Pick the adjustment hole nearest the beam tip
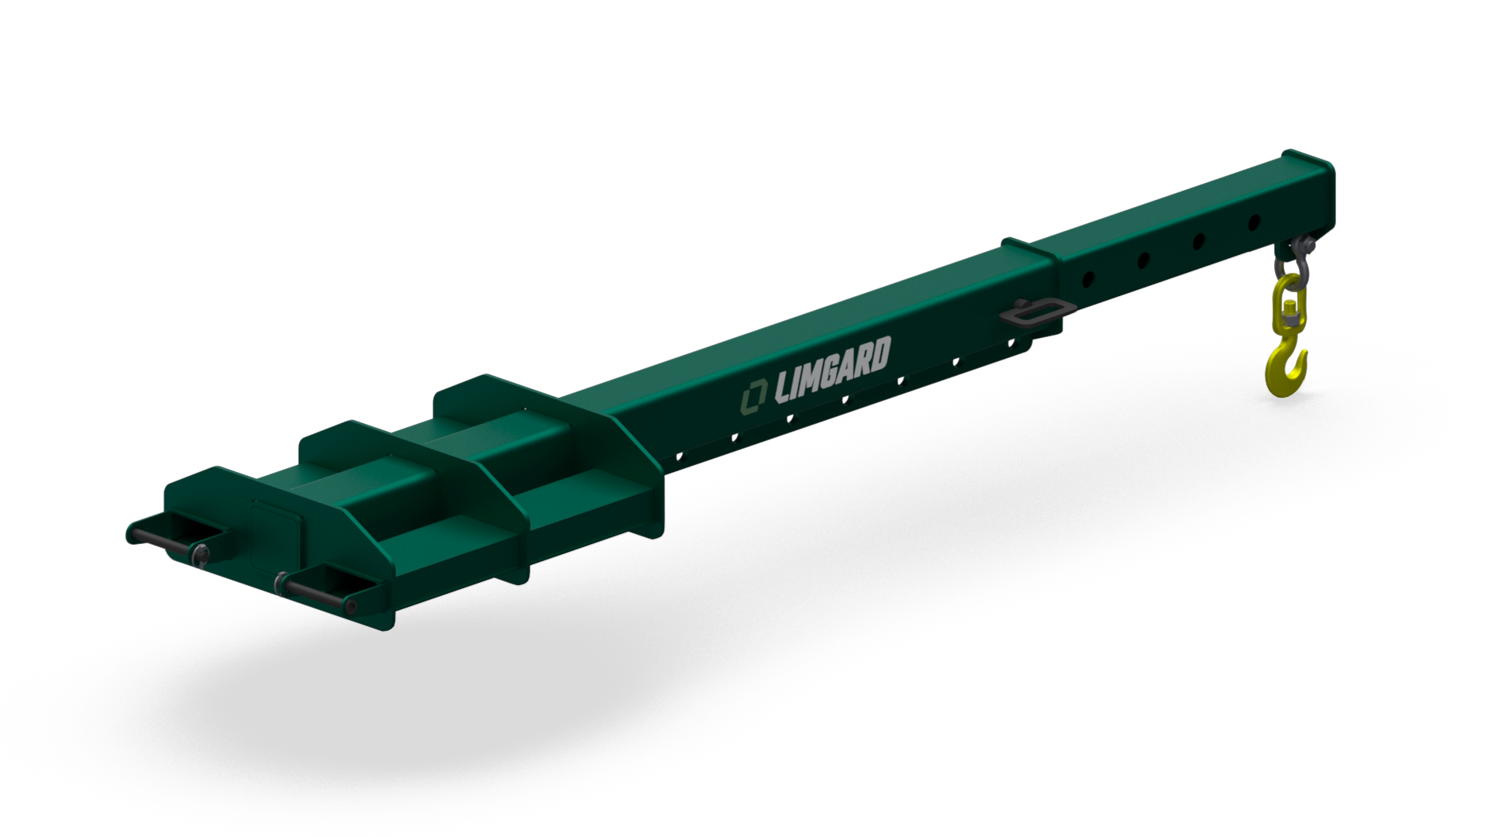[x=1253, y=223]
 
